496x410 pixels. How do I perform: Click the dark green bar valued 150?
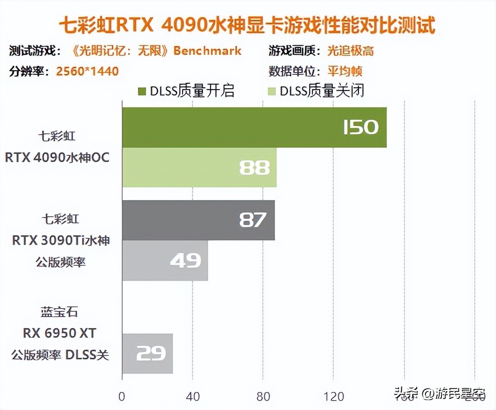254,127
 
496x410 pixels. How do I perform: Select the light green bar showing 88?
199,167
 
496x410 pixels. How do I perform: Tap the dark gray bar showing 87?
198,220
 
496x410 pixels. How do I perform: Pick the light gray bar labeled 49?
165,260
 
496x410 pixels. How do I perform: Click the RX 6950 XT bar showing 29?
147,353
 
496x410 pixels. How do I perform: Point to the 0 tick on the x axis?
122,396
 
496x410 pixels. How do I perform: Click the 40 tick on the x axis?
193,396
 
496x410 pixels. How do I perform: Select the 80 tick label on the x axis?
263,396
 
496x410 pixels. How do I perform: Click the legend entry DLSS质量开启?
186,91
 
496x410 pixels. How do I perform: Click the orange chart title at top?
247,26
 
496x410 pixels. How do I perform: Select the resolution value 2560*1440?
87,71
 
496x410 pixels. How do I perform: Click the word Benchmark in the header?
207,50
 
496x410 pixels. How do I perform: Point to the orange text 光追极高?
350,50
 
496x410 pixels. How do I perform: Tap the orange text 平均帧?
345,71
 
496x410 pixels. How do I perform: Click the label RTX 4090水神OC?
57,158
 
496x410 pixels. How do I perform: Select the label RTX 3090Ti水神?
61,241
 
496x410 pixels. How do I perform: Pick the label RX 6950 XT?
60,333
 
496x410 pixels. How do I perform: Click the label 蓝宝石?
60,312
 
